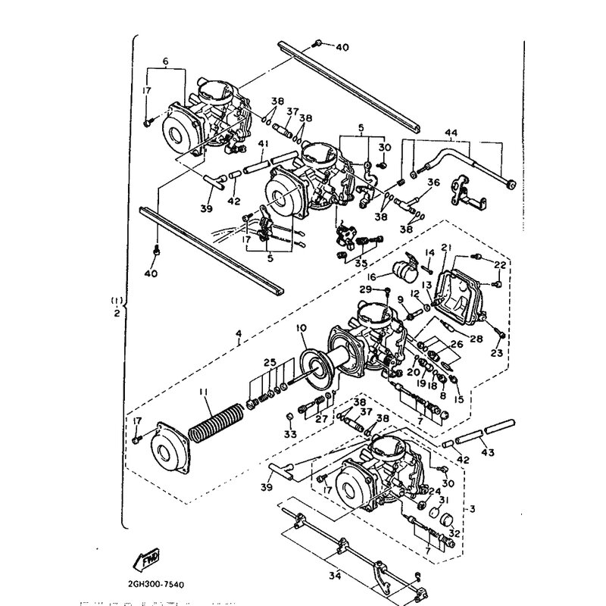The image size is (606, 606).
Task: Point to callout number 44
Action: (451, 134)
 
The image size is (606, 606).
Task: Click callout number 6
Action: (166, 61)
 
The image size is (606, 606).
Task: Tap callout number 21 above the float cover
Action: (446, 248)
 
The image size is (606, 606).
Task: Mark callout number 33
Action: (289, 435)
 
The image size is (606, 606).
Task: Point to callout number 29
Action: (365, 290)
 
